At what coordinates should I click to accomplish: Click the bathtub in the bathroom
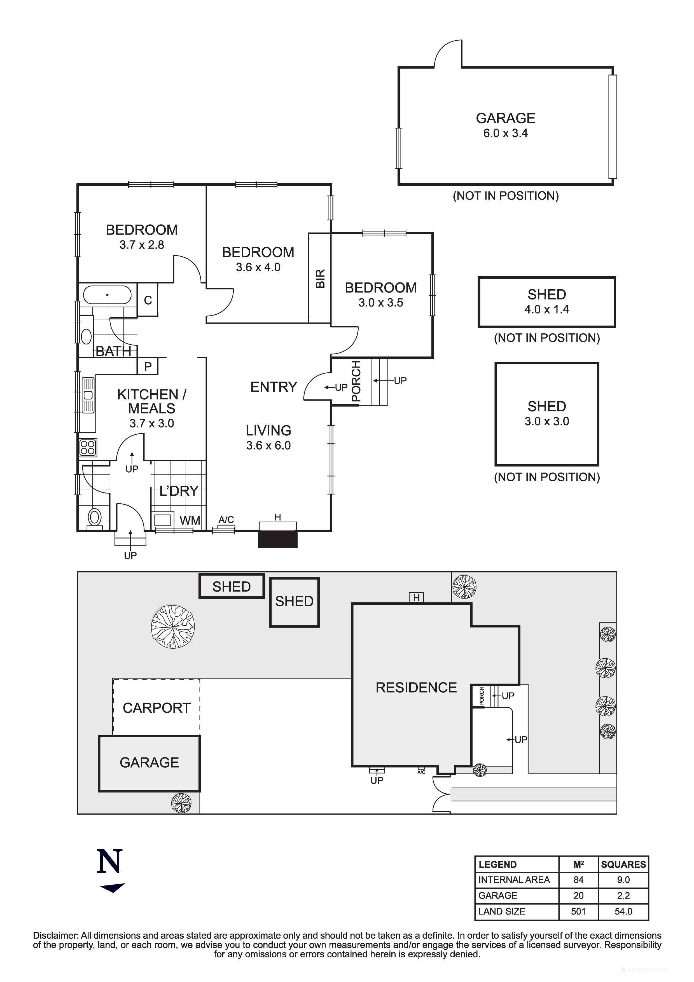[107, 295]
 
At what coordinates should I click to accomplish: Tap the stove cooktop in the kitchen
[88, 447]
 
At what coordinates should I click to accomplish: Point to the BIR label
[320, 279]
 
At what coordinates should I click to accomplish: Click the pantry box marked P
[148, 366]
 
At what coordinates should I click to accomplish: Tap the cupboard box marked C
[148, 300]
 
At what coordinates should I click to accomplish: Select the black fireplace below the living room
[277, 539]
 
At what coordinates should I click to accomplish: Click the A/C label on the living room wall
[226, 520]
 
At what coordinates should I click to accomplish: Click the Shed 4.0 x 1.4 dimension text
[546, 310]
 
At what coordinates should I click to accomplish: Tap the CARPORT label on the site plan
[156, 708]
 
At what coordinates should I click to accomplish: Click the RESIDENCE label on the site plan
[416, 687]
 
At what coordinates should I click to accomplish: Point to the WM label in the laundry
[190, 520]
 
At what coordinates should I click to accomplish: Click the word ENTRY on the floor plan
[273, 387]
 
